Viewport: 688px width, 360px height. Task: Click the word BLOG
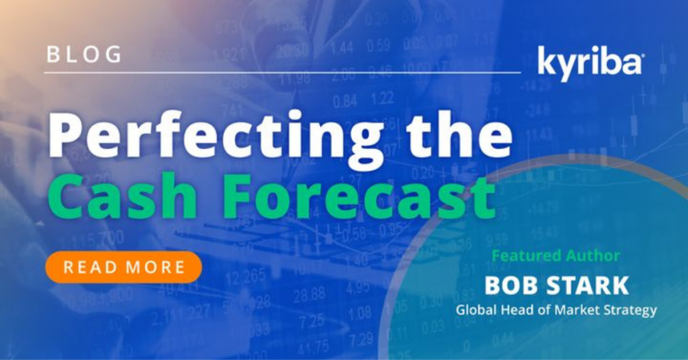tap(83, 54)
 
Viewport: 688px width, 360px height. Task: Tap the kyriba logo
tap(590, 63)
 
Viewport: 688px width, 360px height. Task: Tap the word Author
tap(591, 255)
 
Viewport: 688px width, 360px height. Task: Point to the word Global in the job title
tap(475, 310)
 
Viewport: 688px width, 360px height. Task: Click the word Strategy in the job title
tap(631, 311)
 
